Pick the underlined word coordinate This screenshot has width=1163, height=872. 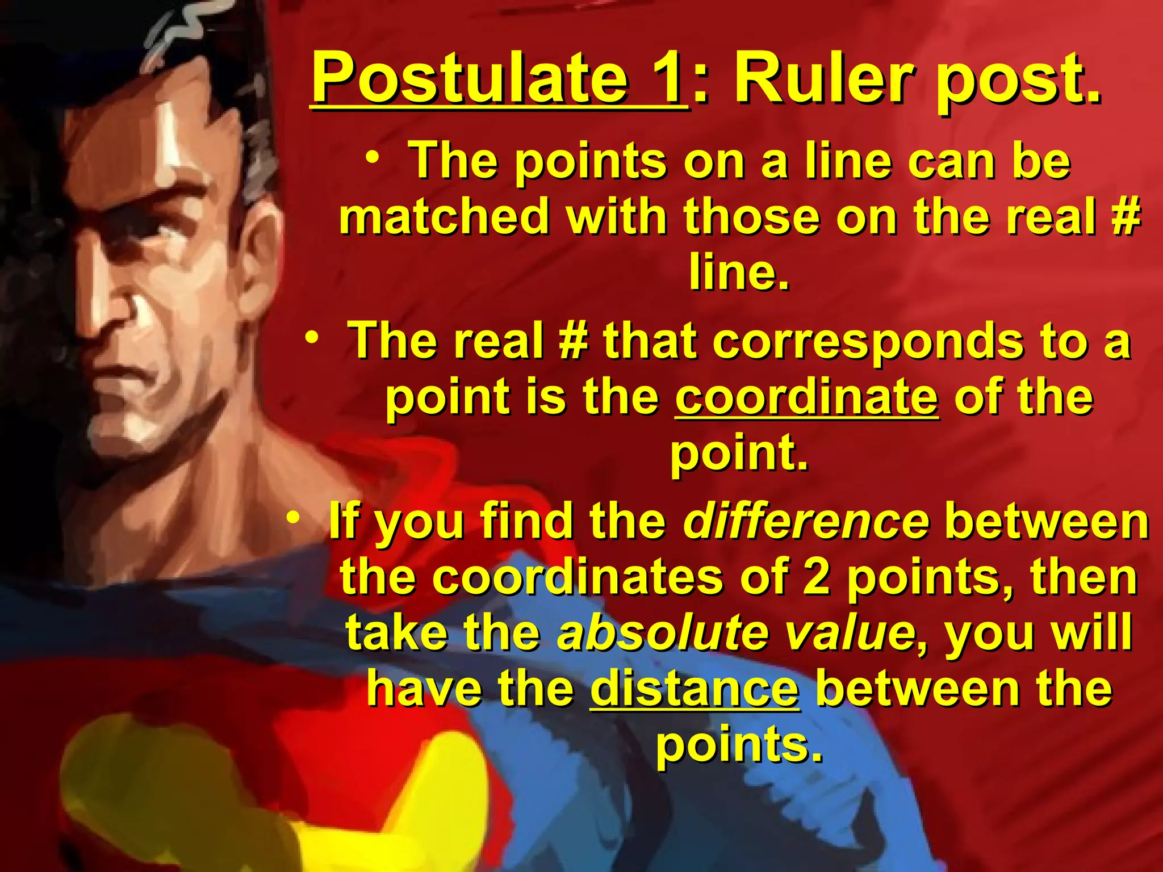pyautogui.click(x=806, y=397)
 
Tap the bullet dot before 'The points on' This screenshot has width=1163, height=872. pyautogui.click(x=373, y=156)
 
